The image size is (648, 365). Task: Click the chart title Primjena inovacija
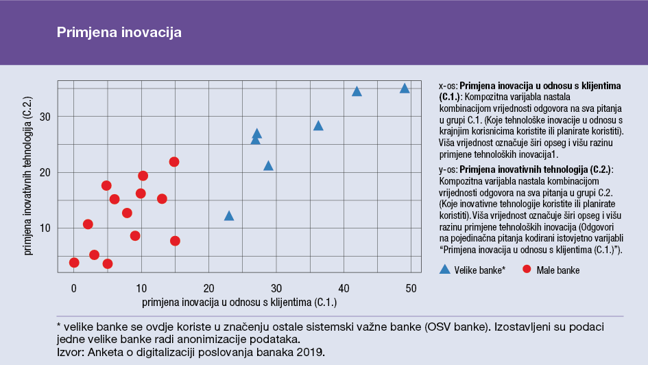point(119,32)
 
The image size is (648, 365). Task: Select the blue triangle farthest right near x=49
point(405,89)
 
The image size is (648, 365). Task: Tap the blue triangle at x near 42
point(357,92)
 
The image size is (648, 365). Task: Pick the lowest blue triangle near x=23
point(229,216)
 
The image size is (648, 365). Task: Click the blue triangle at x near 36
point(318,126)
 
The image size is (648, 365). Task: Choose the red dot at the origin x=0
point(74,263)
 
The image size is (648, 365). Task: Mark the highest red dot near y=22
point(174,162)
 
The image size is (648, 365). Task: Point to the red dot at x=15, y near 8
point(175,241)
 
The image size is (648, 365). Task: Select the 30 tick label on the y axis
point(45,117)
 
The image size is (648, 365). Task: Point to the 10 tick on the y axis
point(45,228)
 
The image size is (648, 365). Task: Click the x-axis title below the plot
point(239,302)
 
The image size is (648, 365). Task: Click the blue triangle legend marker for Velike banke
point(445,270)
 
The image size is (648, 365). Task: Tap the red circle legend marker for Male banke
point(527,270)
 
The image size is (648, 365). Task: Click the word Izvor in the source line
point(69,353)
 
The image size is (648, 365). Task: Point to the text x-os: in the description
point(448,86)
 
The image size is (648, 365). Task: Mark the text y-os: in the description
point(448,169)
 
